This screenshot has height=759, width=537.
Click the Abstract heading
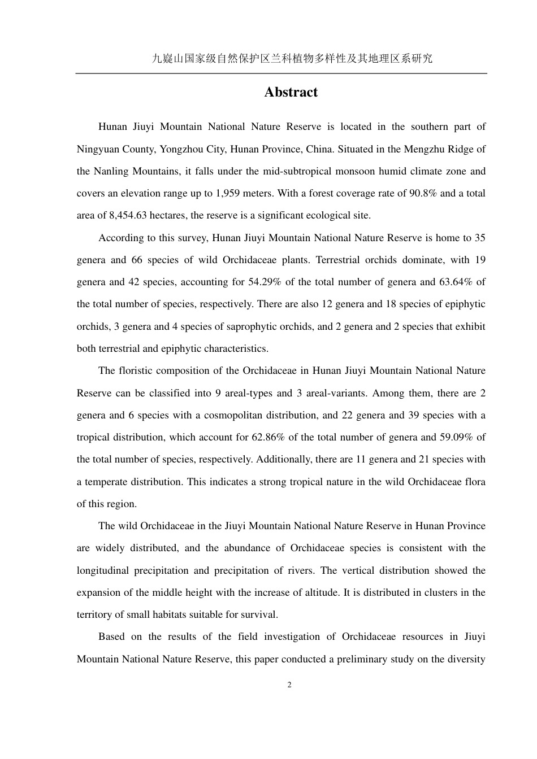tap(291, 92)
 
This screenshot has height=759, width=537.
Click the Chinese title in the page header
tap(292, 58)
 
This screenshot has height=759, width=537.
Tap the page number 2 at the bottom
tap(289, 685)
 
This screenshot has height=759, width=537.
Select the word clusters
tap(427, 592)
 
